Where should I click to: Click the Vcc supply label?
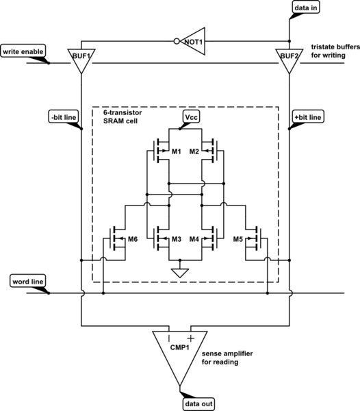(191, 117)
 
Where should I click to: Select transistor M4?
(206, 239)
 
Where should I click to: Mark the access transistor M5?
(255, 239)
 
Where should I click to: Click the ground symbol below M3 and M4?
(180, 273)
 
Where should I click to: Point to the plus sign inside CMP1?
(191, 338)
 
